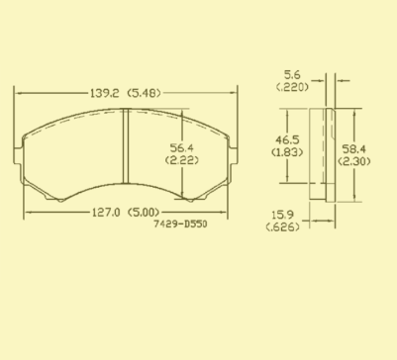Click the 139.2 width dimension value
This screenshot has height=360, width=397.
[104, 93]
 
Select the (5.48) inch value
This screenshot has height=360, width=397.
[144, 93]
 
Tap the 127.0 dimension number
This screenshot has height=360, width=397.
[106, 213]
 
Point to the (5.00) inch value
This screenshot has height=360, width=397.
[144, 213]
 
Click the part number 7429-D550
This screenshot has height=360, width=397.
[180, 225]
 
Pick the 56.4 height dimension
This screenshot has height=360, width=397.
[182, 147]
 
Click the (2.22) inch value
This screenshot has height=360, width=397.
[182, 160]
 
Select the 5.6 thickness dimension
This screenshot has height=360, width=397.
[292, 75]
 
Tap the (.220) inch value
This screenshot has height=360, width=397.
[292, 87]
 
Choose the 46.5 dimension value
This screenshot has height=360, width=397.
[287, 140]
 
